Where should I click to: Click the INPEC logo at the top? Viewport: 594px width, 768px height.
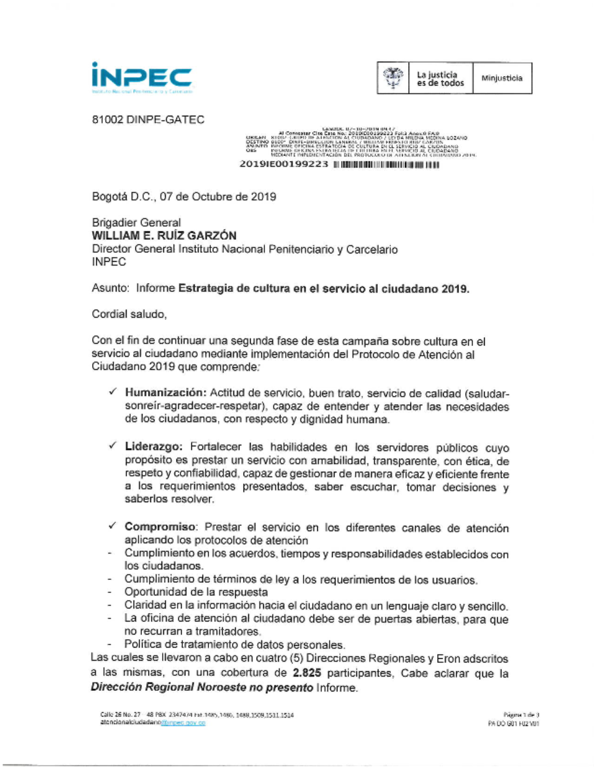pos(141,78)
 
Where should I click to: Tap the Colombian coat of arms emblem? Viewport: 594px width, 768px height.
pos(392,78)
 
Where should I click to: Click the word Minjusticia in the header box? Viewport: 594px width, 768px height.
pos(502,78)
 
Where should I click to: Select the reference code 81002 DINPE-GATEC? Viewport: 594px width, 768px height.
pos(148,120)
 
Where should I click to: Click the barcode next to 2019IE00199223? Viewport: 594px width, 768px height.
pos(386,164)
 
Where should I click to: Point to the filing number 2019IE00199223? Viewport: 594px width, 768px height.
pos(284,164)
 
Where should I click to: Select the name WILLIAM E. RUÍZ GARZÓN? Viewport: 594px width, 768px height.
pos(164,236)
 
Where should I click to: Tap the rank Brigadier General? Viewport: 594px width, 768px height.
pos(136,223)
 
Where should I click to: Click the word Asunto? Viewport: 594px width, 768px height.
pos(110,288)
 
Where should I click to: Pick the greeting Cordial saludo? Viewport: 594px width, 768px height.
pos(129,315)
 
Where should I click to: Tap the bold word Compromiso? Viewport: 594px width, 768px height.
pos(160,527)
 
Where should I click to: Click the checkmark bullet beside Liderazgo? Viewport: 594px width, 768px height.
pos(113,446)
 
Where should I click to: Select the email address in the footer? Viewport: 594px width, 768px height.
pos(153,723)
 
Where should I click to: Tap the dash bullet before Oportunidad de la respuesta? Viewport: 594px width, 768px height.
pos(110,592)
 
